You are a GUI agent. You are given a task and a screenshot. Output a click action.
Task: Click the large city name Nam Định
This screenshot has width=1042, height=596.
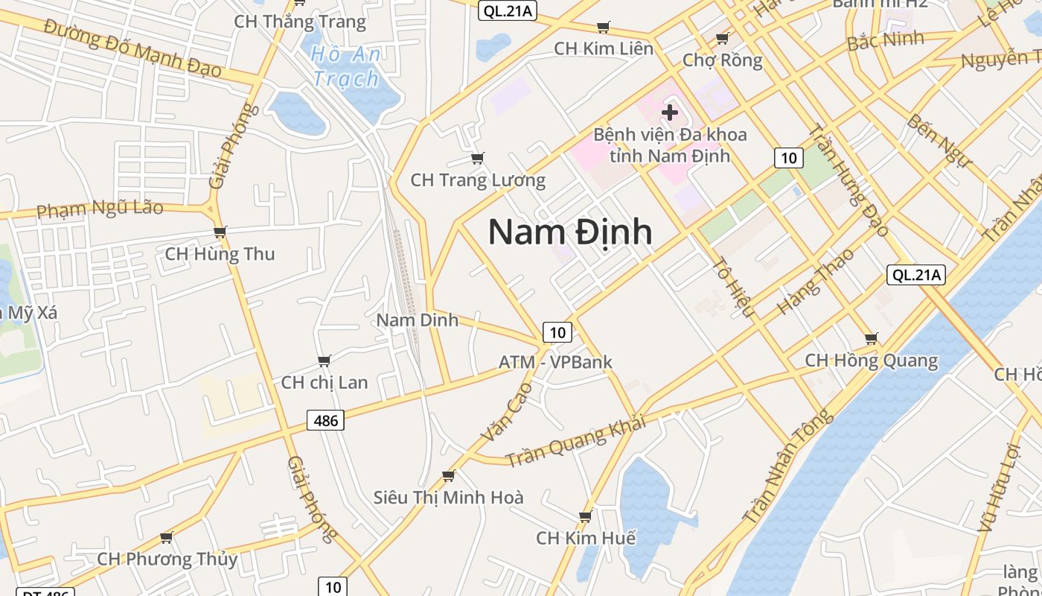point(570,232)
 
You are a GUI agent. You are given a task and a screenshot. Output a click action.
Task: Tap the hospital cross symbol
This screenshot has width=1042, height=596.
point(670,113)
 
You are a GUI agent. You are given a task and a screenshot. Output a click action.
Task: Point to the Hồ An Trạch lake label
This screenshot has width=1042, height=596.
point(346,66)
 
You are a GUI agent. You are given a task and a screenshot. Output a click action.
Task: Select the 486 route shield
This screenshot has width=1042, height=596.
point(326,421)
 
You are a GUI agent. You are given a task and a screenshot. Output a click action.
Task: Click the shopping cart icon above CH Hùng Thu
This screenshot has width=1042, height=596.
point(220,232)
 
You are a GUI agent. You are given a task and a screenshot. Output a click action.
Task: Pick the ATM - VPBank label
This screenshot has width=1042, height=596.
point(555,362)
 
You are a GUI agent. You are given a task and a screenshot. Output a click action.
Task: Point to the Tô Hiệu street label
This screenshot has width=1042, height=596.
point(734,287)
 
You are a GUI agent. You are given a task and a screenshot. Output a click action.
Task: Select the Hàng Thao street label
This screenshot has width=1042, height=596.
point(816,281)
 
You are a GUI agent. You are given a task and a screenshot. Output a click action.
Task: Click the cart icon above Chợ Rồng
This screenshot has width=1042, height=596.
point(722,38)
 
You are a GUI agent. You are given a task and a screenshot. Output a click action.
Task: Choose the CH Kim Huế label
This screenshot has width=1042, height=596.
point(586,538)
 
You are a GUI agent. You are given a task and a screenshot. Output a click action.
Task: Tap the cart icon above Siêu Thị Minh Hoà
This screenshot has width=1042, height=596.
point(448,475)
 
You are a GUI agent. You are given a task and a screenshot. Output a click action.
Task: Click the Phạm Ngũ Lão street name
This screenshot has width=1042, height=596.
point(100,209)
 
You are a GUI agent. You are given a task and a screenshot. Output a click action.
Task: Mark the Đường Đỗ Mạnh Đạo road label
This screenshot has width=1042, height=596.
point(132,48)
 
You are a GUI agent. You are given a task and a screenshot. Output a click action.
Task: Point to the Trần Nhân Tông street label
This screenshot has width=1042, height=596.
point(787,467)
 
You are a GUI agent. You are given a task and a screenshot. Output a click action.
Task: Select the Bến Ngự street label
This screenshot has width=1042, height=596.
point(940,140)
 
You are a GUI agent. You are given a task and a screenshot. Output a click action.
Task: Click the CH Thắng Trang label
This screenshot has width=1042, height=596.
point(300,22)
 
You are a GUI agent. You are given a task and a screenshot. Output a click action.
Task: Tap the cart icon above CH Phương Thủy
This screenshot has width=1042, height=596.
point(167,537)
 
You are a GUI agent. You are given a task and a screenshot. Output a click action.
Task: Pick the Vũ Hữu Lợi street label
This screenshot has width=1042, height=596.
point(997,487)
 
